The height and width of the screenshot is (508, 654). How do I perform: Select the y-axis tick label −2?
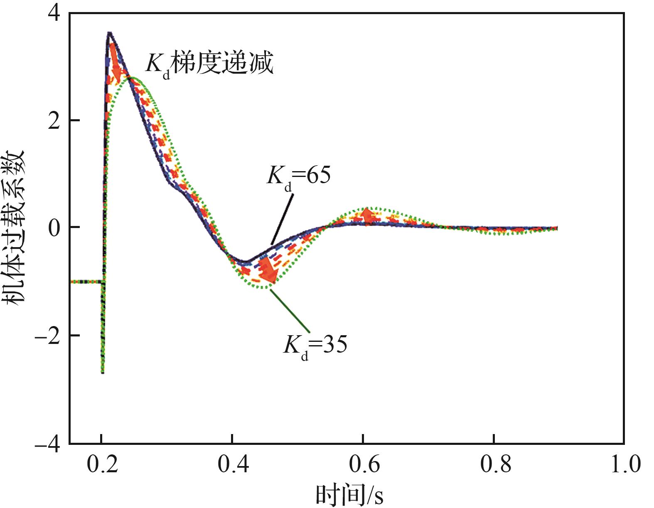pos(47,335)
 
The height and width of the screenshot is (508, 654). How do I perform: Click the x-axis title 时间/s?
pos(349,494)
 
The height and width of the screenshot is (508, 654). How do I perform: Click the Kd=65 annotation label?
pos(298,177)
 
